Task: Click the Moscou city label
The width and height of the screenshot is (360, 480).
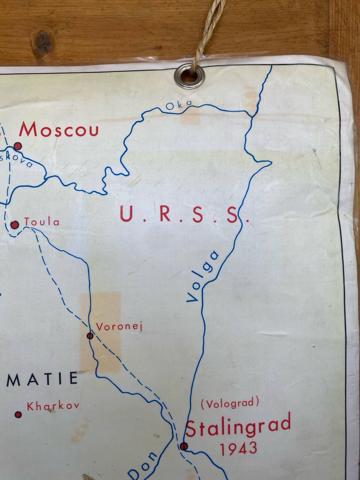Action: [x=59, y=130]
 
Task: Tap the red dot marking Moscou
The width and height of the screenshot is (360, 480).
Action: [x=18, y=146]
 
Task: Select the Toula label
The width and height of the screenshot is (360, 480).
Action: [x=42, y=222]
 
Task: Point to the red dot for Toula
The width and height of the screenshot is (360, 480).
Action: [x=15, y=225]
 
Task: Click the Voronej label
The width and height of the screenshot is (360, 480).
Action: [x=119, y=327]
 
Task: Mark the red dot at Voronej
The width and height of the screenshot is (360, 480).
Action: [x=90, y=335]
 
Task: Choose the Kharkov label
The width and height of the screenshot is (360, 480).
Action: [x=53, y=406]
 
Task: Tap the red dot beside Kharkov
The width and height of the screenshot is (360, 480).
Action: [x=18, y=415]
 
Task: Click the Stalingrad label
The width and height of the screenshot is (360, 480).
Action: [x=238, y=425]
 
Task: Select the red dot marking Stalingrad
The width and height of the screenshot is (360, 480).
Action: [x=184, y=446]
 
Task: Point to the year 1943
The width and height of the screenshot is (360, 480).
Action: [x=238, y=448]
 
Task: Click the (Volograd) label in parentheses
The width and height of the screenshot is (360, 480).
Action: [x=230, y=403]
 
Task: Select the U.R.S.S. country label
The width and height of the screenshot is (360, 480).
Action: [x=184, y=214]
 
